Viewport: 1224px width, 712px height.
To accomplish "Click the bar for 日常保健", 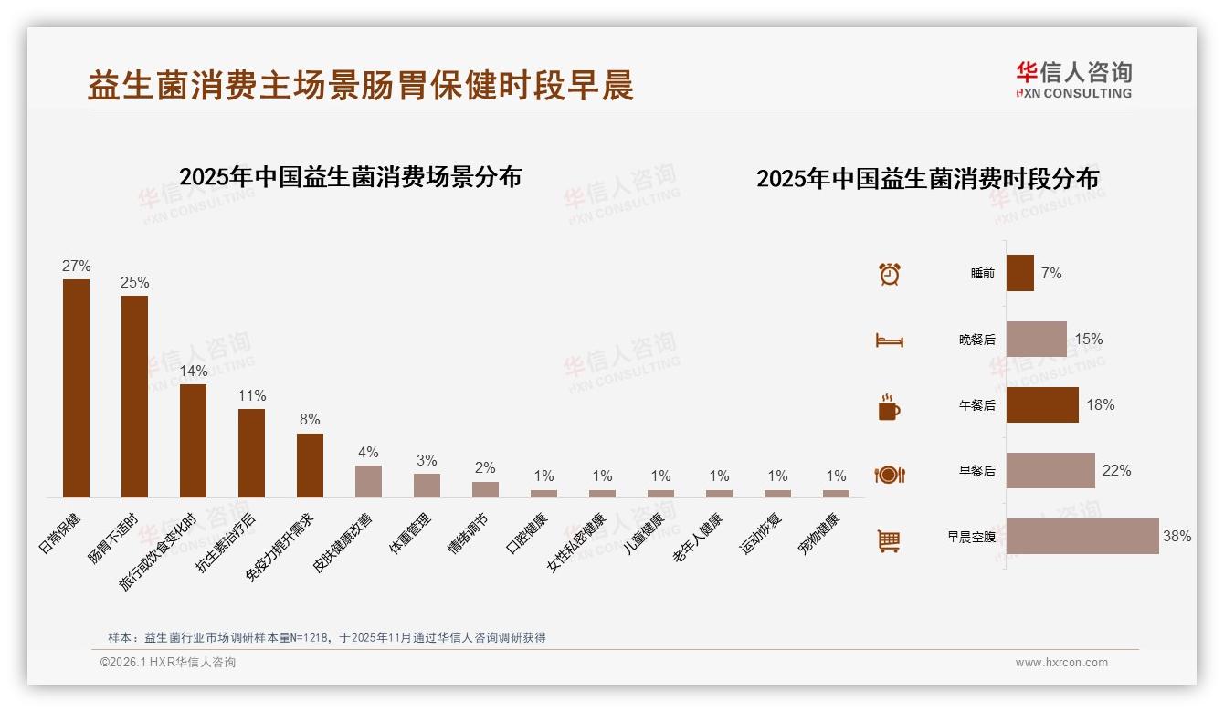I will click(x=76, y=388).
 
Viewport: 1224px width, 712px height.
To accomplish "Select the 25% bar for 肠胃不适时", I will click(x=134, y=396).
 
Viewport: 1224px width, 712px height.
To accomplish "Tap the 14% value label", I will click(x=194, y=372).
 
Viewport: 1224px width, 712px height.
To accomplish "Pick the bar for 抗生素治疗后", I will click(x=251, y=453).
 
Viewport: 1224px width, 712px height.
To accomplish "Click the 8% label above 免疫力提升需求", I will click(x=310, y=420).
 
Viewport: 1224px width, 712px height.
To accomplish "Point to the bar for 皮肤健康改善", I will click(x=368, y=481).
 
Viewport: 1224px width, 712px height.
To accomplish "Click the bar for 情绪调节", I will click(x=485, y=489).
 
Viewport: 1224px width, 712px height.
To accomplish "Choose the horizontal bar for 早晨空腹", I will click(x=1082, y=537).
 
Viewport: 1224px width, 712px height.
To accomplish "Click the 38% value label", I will click(x=1177, y=537).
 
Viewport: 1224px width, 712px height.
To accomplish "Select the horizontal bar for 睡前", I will click(x=1020, y=273).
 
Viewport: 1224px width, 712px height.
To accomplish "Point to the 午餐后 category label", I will click(x=976, y=405).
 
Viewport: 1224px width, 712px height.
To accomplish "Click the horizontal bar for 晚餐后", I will click(x=1037, y=339).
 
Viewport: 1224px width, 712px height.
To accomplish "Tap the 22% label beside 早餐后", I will click(x=1116, y=471).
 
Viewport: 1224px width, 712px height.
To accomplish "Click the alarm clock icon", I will click(x=890, y=274).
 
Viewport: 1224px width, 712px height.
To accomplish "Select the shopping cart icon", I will click(x=889, y=540).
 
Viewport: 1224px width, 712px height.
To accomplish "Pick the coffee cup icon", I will click(x=889, y=407).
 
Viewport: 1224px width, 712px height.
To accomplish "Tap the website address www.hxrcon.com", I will click(x=1061, y=663).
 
